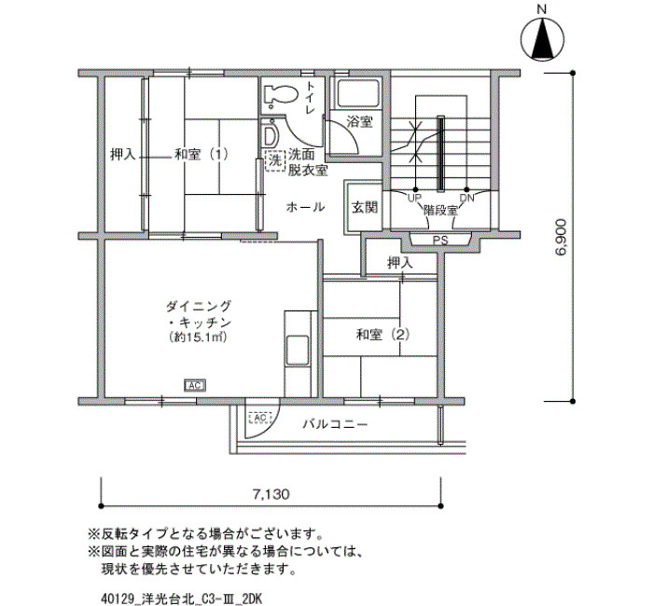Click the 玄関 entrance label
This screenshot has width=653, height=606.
(x=364, y=207)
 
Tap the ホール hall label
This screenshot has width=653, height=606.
(x=305, y=206)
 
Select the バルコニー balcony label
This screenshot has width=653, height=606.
(x=335, y=424)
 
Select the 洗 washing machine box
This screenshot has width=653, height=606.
(x=274, y=160)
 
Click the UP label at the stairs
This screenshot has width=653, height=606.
(x=413, y=198)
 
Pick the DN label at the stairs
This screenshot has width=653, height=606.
(x=466, y=198)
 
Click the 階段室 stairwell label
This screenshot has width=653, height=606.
(x=440, y=211)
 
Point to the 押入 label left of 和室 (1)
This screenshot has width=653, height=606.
(x=122, y=155)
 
